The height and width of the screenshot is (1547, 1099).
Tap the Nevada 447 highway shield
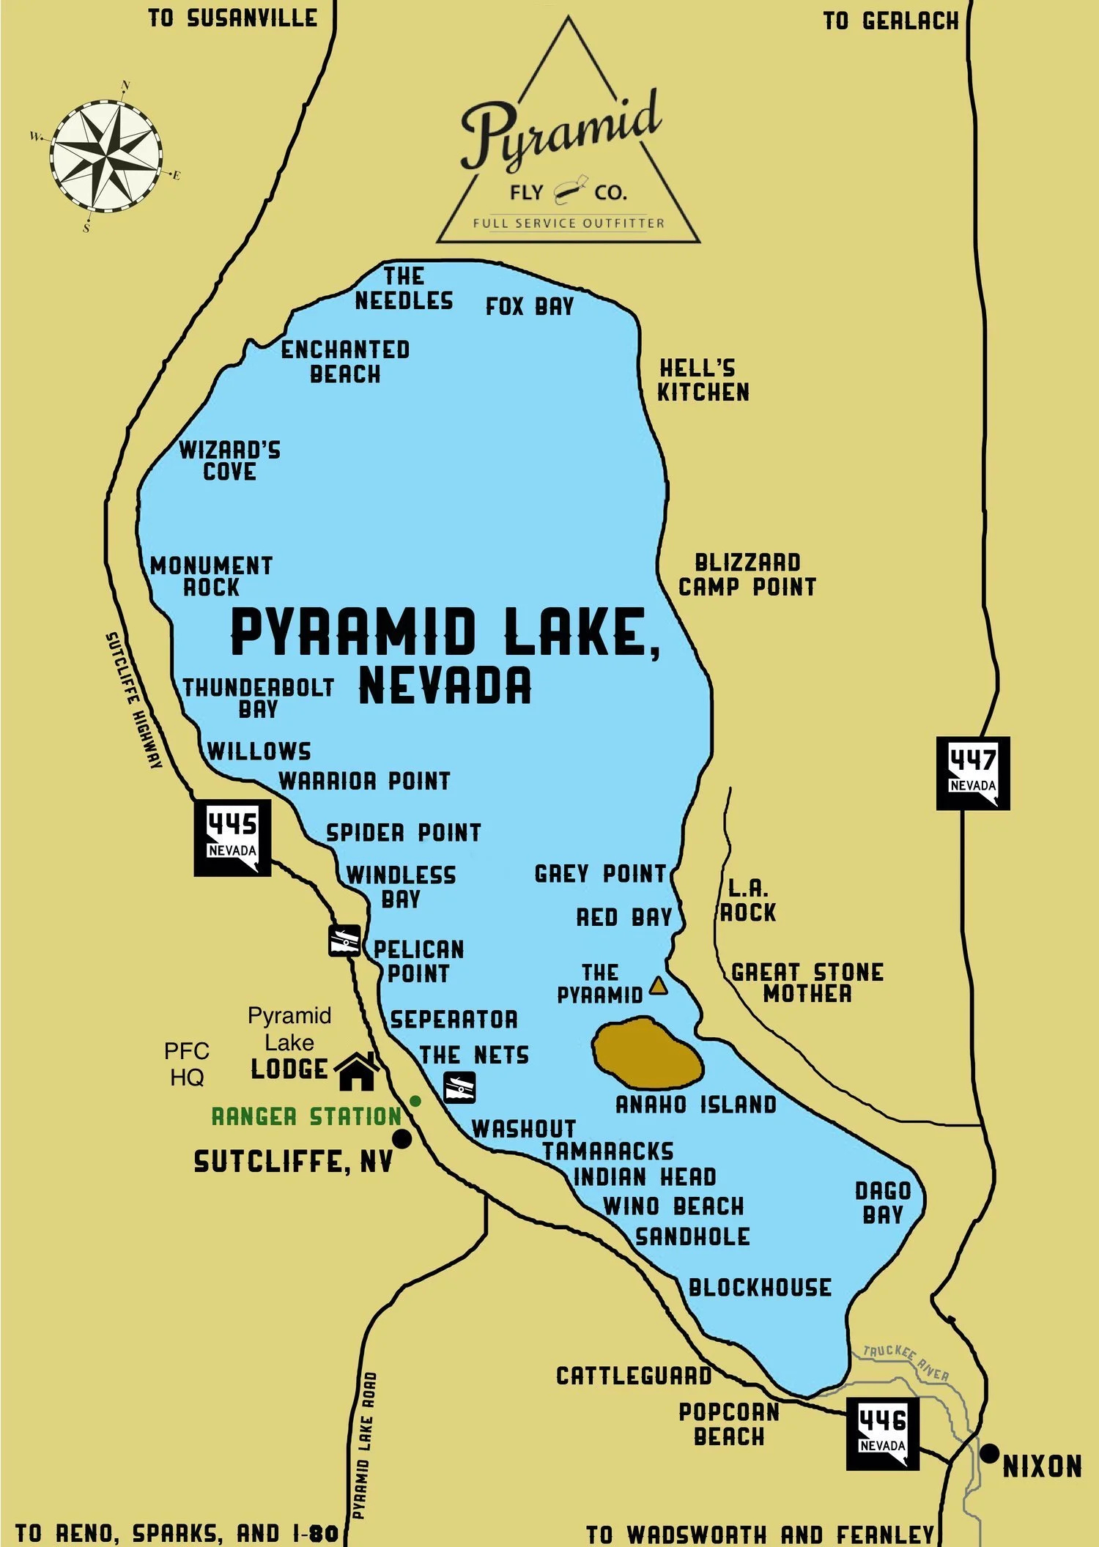point(973,773)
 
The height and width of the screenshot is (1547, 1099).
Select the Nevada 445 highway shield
point(232,837)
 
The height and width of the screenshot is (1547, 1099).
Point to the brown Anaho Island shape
point(646,1052)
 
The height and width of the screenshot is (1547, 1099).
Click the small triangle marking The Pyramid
point(658,985)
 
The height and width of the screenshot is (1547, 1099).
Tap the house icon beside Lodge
point(357,1071)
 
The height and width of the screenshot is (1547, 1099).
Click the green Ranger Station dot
point(415,1101)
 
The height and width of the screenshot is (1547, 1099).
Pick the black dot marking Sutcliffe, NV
point(402,1138)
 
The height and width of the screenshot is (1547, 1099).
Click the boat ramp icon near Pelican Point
point(344,941)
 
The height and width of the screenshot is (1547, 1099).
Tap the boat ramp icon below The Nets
point(460,1087)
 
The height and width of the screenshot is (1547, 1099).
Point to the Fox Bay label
point(530,306)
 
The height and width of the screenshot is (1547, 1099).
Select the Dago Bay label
point(883,1203)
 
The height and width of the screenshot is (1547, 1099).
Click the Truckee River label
point(906,1362)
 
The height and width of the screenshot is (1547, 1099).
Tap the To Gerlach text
point(890,21)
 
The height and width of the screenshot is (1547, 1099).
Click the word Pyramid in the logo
point(560,132)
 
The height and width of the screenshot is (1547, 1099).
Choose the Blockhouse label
point(760,1288)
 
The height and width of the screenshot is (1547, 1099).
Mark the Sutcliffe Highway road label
point(133,700)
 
